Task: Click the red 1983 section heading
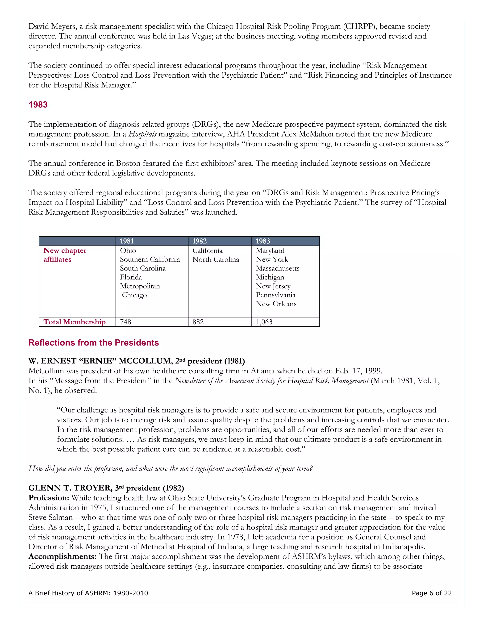tap(38, 105)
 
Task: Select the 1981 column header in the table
tap(127, 241)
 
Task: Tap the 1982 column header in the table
tap(200, 241)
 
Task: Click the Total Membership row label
tap(74, 322)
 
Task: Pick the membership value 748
tap(126, 322)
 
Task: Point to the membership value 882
tap(198, 322)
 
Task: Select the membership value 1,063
tap(264, 322)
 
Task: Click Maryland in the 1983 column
tap(270, 251)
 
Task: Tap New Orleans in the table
tap(276, 304)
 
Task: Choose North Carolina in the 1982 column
tap(216, 260)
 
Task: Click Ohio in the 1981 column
tap(128, 251)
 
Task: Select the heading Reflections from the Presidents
tap(94, 343)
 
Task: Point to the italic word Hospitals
tap(142, 134)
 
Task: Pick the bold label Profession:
tap(49, 498)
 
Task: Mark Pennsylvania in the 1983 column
tap(275, 295)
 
